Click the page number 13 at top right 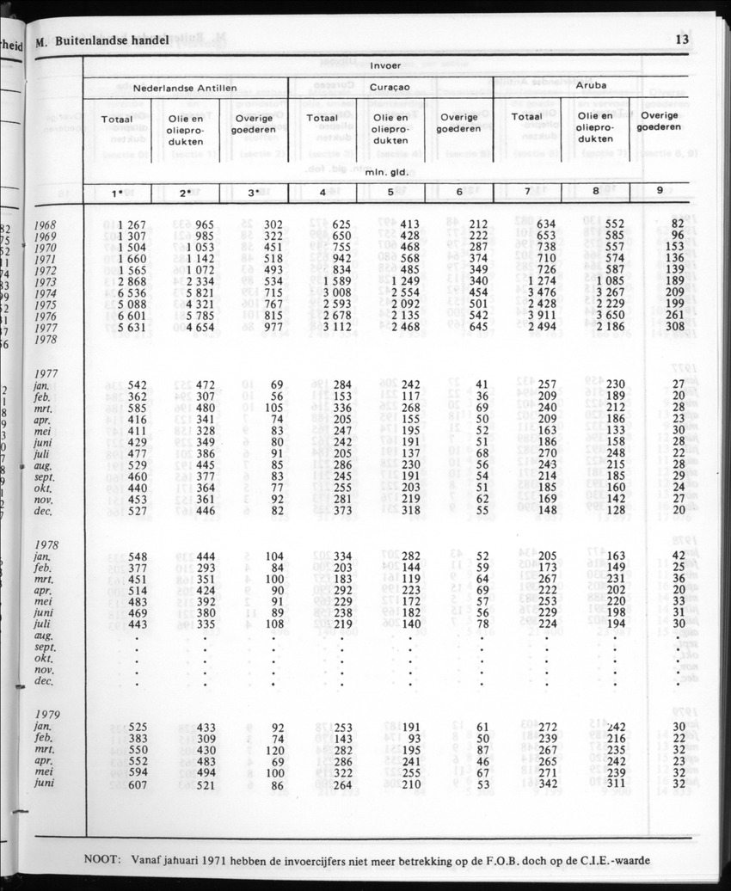coord(684,40)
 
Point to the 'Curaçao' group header coord(390,88)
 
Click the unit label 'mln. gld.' coord(384,172)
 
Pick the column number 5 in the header coord(390,193)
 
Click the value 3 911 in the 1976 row coord(539,315)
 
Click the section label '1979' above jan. coord(47,714)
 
